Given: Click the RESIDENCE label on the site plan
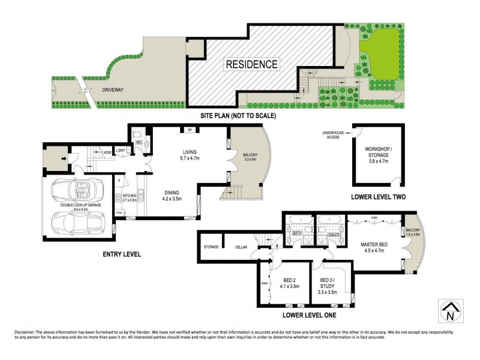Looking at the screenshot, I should click(x=251, y=64).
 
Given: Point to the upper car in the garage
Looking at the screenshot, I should click(x=77, y=191).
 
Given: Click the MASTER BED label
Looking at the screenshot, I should click(x=376, y=245).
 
